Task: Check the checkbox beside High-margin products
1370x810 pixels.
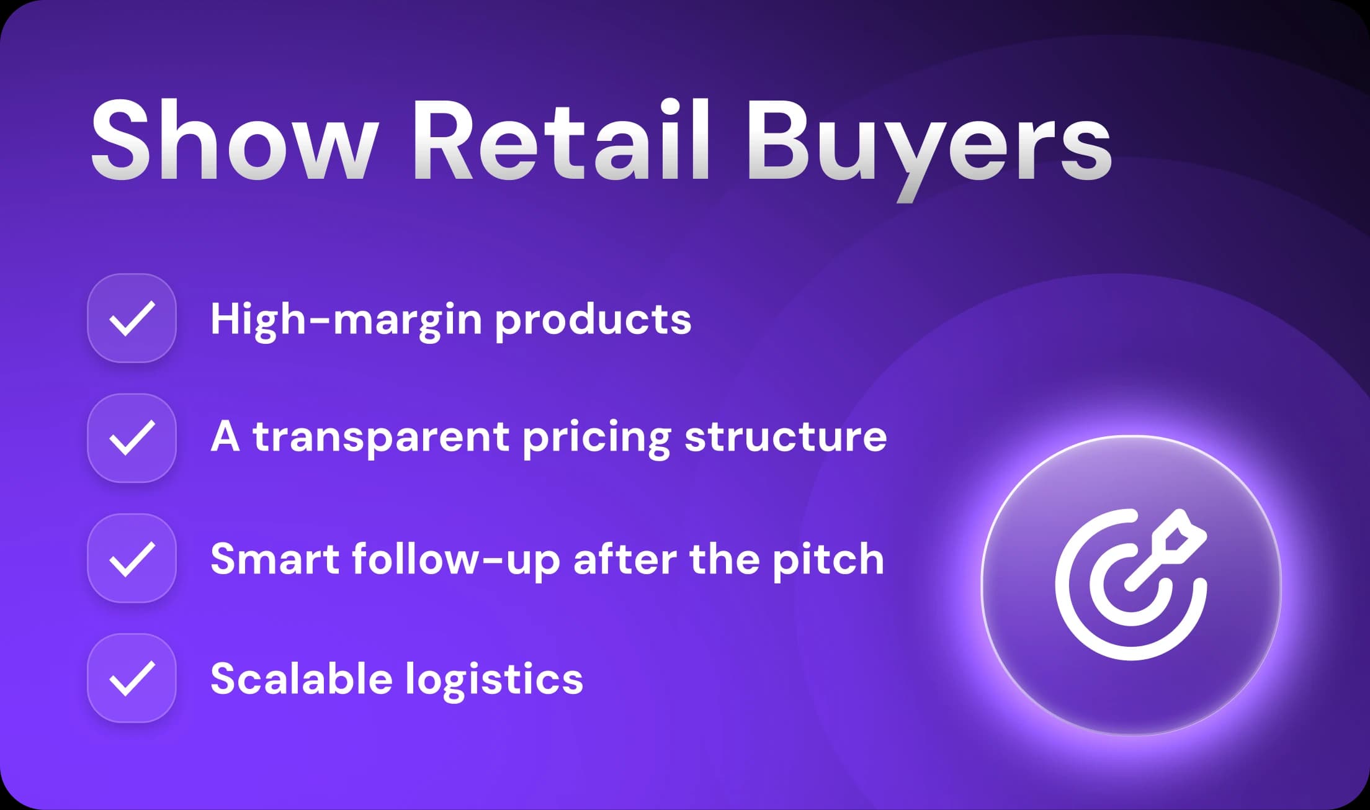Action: click(132, 318)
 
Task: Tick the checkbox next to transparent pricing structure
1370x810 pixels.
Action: click(132, 438)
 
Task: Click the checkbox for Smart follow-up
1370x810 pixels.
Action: click(132, 559)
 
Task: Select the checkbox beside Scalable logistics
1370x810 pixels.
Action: click(132, 678)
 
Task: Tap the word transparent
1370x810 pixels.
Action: click(381, 437)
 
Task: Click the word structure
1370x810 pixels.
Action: click(786, 437)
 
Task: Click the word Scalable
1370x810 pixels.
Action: click(301, 678)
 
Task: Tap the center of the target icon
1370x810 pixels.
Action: click(1130, 585)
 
